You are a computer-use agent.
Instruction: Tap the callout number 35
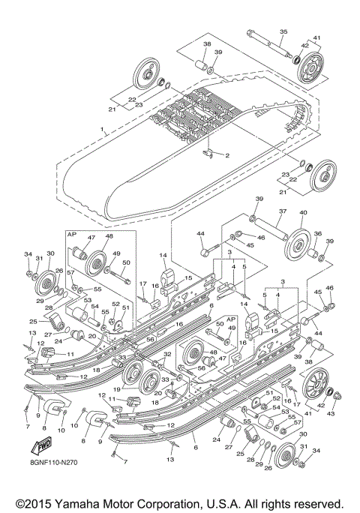[283, 31]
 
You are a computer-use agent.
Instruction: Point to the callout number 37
[283, 212]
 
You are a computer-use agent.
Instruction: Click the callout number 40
[304, 213]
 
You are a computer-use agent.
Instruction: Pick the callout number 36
[318, 234]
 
